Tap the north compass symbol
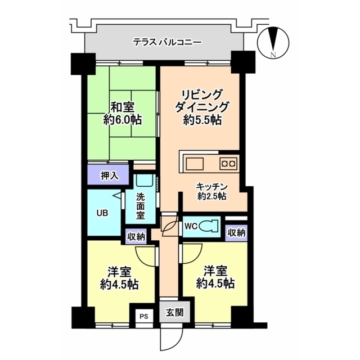(x=273, y=43)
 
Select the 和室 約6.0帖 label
(x=122, y=113)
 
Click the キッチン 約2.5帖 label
(x=212, y=191)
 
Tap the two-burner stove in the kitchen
(x=228, y=164)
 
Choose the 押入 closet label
(x=109, y=175)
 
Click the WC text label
(x=191, y=227)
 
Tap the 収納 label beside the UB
(x=135, y=237)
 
